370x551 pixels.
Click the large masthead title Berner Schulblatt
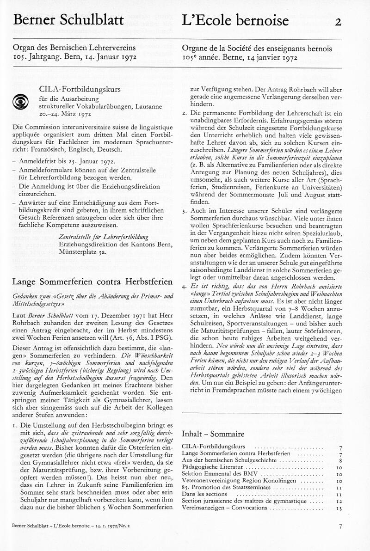[68, 20]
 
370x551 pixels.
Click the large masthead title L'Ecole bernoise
[235, 20]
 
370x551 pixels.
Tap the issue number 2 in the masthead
[338, 21]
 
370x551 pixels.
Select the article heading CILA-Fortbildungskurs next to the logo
[77, 89]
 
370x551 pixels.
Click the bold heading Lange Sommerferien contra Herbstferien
[92, 282]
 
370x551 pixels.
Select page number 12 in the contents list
[339, 501]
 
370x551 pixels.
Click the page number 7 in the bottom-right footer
[340, 526]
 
